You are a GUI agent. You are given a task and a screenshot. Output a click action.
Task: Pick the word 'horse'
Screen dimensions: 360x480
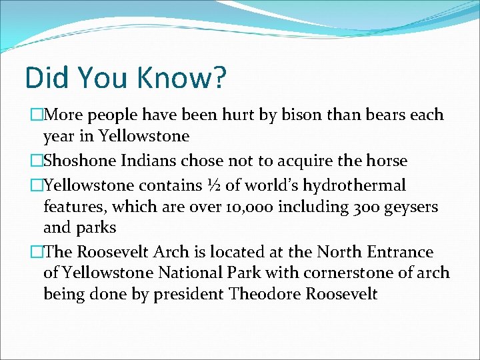tap(387, 161)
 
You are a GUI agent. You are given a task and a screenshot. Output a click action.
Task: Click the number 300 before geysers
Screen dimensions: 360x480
tap(358, 207)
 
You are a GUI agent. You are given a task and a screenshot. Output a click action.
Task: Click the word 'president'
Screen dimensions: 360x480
tap(189, 295)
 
